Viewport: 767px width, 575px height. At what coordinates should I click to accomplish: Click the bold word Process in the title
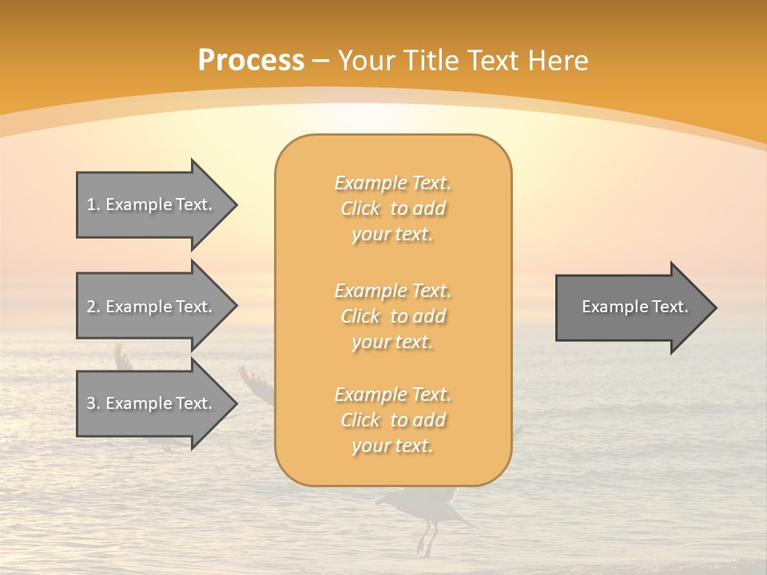tap(251, 61)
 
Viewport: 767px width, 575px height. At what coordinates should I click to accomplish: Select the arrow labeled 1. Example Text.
tap(152, 204)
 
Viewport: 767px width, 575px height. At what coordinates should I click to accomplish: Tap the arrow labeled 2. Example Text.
tap(152, 307)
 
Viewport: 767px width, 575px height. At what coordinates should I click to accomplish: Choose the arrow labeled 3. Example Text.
tap(152, 403)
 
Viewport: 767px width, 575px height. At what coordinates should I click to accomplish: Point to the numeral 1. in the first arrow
tap(93, 204)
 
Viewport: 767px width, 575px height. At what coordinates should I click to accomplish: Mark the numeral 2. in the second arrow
tap(93, 307)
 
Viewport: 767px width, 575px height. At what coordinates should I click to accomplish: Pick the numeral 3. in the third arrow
tap(93, 403)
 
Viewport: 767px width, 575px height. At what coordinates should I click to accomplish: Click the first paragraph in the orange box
tap(392, 208)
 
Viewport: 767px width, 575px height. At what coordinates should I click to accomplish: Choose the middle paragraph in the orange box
tap(392, 316)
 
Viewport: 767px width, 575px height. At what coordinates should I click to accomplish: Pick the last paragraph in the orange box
tap(392, 420)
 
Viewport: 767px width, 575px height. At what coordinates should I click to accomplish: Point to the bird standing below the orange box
tap(423, 511)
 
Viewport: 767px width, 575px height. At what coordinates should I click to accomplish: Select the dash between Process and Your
tap(321, 61)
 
